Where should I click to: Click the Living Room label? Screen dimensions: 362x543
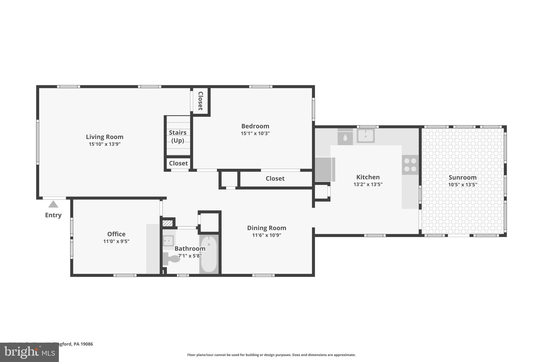tap(104, 137)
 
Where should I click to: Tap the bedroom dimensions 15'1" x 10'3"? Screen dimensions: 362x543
tap(255, 133)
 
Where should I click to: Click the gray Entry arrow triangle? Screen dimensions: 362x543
tap(53, 204)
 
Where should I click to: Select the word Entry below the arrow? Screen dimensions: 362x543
tap(53, 215)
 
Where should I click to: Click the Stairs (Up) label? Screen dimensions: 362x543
tap(178, 136)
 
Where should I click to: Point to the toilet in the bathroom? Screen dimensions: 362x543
tap(172, 259)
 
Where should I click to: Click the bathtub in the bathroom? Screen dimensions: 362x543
tap(209, 254)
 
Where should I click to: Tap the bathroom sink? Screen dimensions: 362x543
tap(168, 241)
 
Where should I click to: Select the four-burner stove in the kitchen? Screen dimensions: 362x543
tap(410, 165)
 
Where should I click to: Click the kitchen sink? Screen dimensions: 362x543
tap(366, 136)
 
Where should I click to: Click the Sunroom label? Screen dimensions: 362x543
tap(462, 177)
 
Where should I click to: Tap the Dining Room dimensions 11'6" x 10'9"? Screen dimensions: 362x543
tap(266, 235)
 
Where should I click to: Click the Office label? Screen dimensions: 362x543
tap(116, 234)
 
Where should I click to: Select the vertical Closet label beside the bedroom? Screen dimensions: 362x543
tap(200, 101)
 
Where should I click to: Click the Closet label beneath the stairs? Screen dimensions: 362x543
tap(178, 163)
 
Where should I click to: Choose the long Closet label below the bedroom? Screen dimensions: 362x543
tap(275, 178)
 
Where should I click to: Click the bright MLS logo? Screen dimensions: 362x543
tap(29, 352)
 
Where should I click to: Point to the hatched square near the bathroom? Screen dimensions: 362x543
tap(168, 223)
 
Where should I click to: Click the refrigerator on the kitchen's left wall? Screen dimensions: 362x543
tap(325, 169)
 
